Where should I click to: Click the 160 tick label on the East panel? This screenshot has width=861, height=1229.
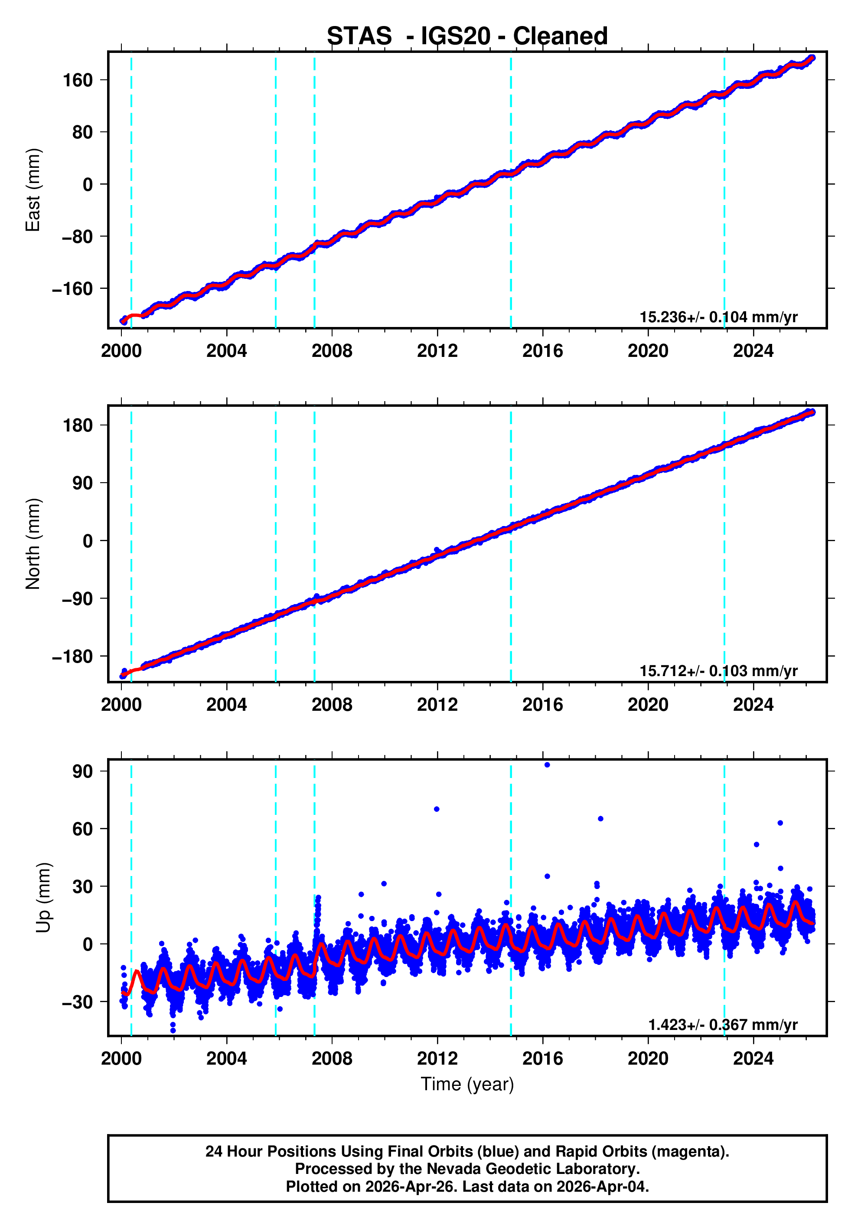click(78, 80)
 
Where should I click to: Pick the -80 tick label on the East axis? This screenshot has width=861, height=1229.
click(77, 237)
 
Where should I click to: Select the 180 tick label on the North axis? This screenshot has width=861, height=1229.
click(78, 425)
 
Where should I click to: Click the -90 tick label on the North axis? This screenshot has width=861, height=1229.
click(77, 598)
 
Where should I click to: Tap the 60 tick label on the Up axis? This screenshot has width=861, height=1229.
click(83, 829)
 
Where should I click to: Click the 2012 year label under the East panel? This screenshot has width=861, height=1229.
click(437, 351)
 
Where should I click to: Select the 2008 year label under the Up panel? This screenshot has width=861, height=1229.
click(332, 1058)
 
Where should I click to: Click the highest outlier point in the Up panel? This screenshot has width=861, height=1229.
click(547, 765)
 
